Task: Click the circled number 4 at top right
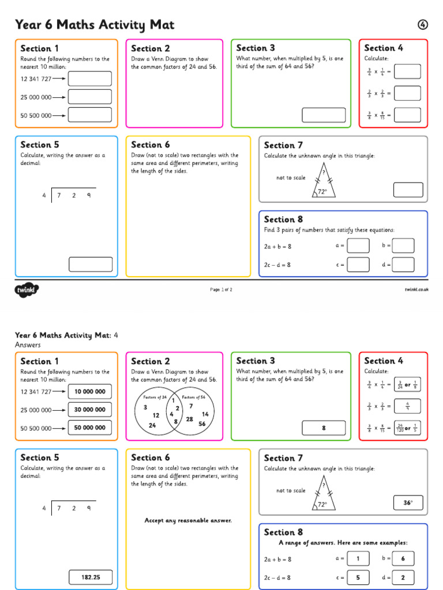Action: point(423,25)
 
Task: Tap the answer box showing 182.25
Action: point(91,577)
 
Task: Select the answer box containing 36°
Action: point(408,503)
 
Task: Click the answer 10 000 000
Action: point(90,392)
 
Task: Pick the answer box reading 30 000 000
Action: point(90,410)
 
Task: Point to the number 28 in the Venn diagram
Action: point(189,419)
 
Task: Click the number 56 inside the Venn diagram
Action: point(202,423)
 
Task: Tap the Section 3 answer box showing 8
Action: point(324,428)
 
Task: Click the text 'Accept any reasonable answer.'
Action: point(188,521)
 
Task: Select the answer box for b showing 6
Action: point(403,559)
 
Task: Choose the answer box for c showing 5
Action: point(358,577)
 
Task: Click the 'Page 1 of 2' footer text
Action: point(221,290)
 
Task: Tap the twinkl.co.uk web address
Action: point(416,290)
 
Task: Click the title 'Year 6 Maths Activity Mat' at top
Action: point(95,25)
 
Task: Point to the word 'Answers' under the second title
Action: point(28,345)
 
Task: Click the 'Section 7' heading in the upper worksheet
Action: point(283,145)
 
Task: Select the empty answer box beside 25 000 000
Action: point(90,97)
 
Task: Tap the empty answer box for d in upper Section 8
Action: point(403,264)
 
